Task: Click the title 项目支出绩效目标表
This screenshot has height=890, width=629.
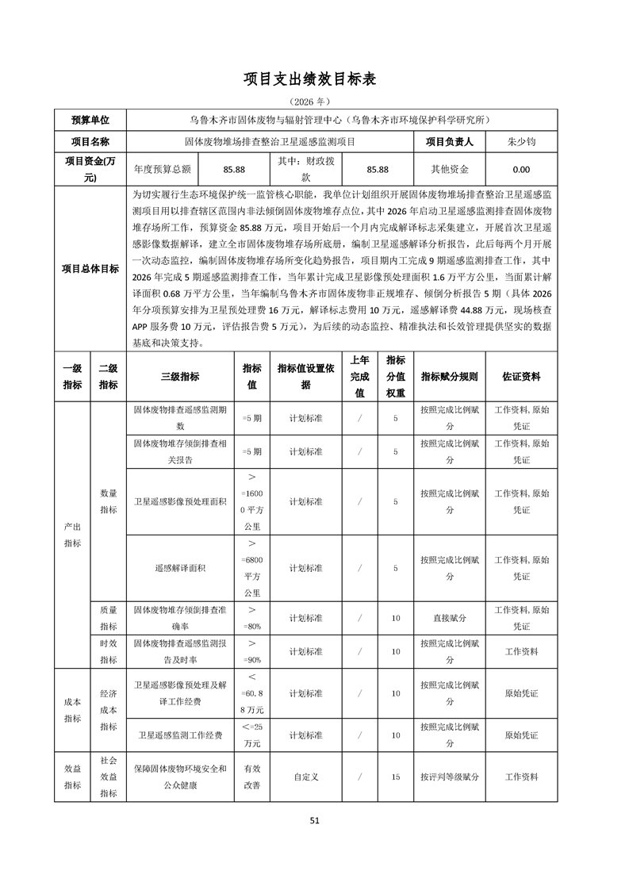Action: pos(314,79)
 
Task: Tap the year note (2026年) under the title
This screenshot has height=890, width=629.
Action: pos(314,102)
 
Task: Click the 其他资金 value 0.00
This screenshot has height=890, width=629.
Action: pos(521,169)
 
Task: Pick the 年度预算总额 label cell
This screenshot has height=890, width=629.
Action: pos(163,169)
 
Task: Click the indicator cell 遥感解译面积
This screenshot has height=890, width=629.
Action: pos(180,568)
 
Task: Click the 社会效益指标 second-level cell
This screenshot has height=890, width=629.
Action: pos(108,777)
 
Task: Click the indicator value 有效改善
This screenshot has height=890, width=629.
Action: pos(251,777)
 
